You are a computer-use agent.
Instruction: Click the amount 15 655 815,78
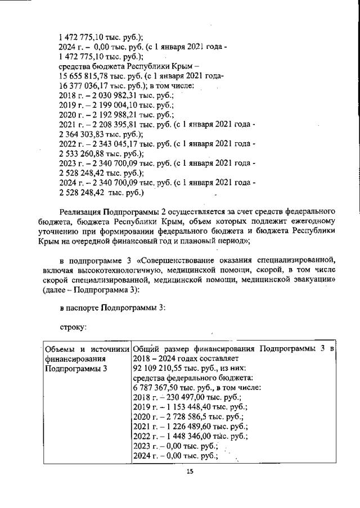point(84,76)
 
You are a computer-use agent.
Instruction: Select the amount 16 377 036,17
point(84,85)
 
